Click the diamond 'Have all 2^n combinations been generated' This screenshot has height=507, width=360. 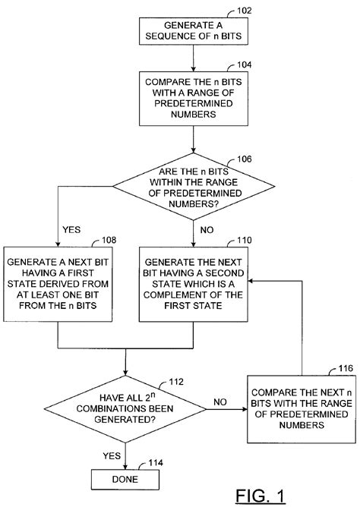point(125,409)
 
